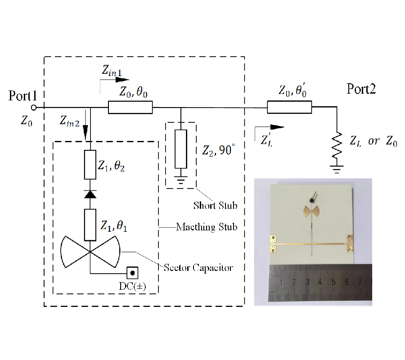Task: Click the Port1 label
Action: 22,96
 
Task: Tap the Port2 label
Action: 361,89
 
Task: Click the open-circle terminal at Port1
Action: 33,108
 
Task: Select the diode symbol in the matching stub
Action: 90,194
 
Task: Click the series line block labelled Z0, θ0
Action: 130,108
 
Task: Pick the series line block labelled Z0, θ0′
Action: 289,108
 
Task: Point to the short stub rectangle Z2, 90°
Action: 181,148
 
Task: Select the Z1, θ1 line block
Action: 90,225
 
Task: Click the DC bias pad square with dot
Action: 132,273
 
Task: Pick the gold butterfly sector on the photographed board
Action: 309,210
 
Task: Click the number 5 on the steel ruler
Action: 333,282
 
